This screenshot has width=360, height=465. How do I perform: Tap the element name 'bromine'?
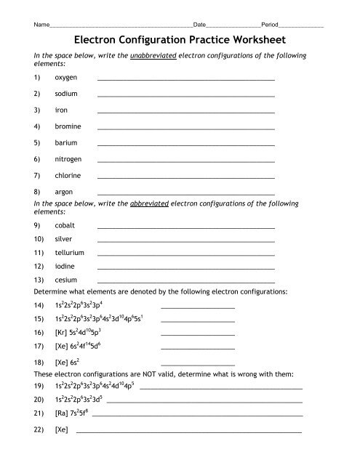[68, 126]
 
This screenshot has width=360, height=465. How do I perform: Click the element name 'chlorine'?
[68, 176]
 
